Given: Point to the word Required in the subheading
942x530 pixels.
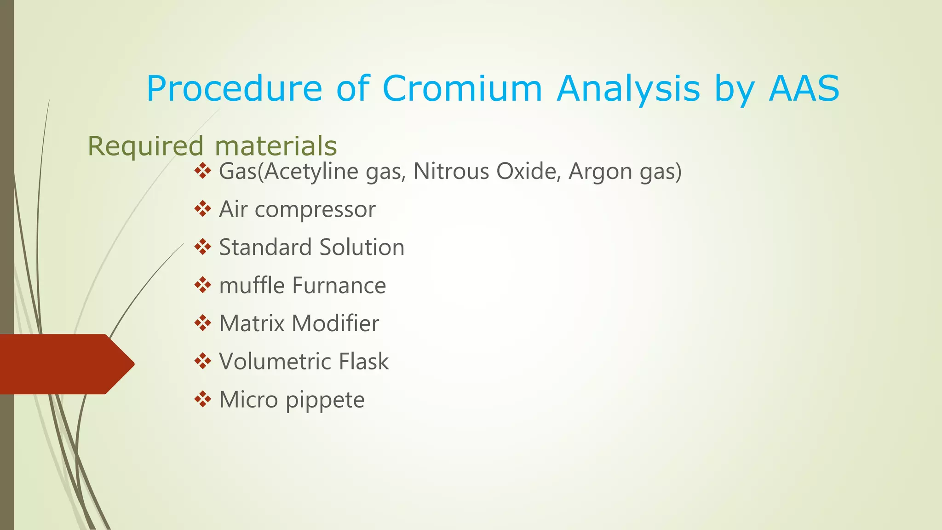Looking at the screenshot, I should pos(145,146).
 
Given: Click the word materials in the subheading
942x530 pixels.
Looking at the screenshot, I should pos(276,146).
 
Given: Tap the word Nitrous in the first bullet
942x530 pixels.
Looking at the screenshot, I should pos(451,171).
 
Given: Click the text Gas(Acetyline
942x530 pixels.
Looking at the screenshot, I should pos(288,172).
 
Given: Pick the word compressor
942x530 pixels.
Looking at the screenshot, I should pos(315,210).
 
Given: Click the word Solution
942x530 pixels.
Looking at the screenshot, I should pos(362,247).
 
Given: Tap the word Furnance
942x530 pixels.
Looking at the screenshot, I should pos(339,285).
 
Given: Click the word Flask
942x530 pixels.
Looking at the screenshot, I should pos(363,361).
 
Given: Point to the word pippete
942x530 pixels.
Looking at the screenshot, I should pos(325,400).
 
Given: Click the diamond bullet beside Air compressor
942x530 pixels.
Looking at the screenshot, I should pos(202,209).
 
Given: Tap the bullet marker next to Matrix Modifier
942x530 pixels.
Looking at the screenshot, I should pos(202,323).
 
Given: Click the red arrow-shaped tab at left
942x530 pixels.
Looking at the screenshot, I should pos(64,364).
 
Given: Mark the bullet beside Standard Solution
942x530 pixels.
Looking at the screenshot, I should pos(202,247).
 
